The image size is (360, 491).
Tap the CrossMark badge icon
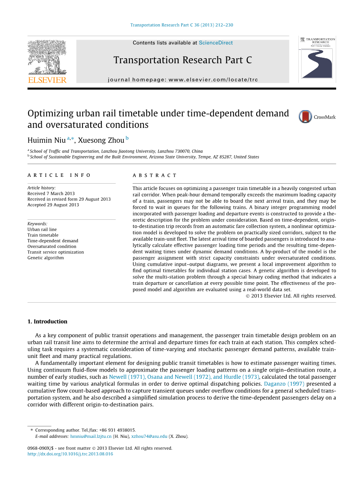click(x=306, y=117)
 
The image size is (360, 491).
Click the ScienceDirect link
click(x=216, y=43)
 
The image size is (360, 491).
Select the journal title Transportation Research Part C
click(x=183, y=60)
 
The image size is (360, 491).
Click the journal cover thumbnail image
click(x=317, y=59)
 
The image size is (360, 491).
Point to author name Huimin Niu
click(x=46, y=140)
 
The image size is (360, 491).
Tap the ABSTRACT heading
click(x=154, y=175)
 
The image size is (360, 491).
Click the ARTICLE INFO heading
click(x=59, y=175)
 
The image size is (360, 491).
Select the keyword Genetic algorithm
click(x=46, y=258)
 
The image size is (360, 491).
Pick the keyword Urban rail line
click(x=42, y=229)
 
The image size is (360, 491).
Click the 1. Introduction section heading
click(x=47, y=321)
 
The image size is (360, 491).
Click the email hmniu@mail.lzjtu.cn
click(x=91, y=436)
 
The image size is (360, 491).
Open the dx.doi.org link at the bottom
click(x=70, y=454)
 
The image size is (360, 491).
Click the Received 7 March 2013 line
click(x=51, y=193)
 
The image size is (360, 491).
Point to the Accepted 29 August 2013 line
click(x=53, y=205)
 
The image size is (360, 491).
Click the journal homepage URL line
click(x=183, y=79)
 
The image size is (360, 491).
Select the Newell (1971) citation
click(x=126, y=377)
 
